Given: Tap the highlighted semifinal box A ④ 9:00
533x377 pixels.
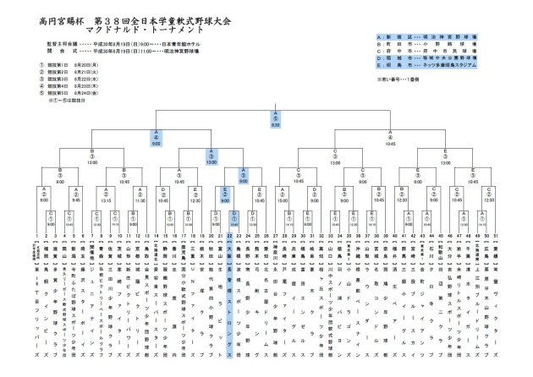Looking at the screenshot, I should pos(157,135).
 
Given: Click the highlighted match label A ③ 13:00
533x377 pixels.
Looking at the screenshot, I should pos(209,156).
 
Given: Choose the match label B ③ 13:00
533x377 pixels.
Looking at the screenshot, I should pos(91,156).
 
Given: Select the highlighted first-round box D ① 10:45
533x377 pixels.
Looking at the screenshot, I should pos(234,216).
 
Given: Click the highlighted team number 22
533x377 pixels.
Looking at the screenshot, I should pos(230,236).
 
